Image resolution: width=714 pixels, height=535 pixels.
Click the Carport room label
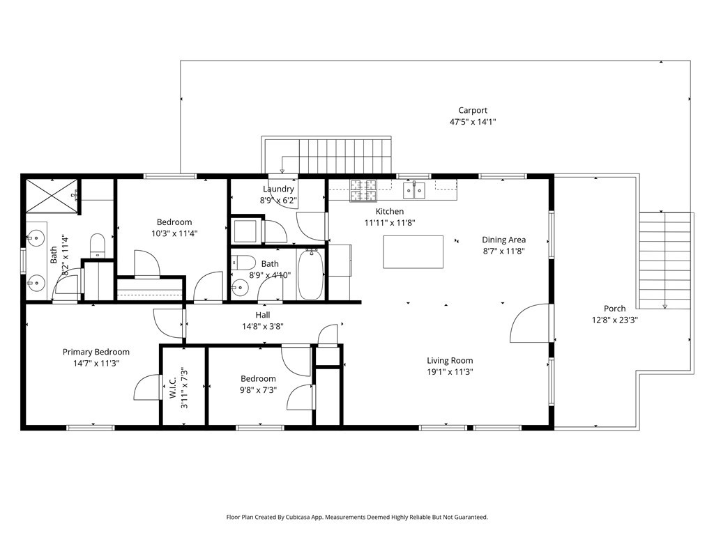coord(472,110)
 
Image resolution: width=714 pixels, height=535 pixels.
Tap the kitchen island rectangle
coord(413,251)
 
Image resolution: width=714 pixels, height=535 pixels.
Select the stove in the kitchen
coord(363,187)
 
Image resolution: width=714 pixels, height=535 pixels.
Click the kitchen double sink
coord(414,189)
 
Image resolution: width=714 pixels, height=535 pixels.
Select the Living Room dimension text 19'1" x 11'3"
coord(450,372)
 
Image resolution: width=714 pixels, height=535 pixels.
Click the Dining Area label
coord(503,240)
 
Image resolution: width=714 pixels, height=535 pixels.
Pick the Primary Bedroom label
coord(96,352)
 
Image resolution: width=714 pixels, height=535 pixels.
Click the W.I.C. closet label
coord(173,387)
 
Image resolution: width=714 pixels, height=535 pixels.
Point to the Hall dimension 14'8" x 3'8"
coord(262,326)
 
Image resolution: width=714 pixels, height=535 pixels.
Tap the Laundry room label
coord(278,189)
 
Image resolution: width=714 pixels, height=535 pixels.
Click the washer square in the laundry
coord(246,231)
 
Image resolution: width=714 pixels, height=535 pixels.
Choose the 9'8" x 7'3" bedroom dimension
coord(258,390)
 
